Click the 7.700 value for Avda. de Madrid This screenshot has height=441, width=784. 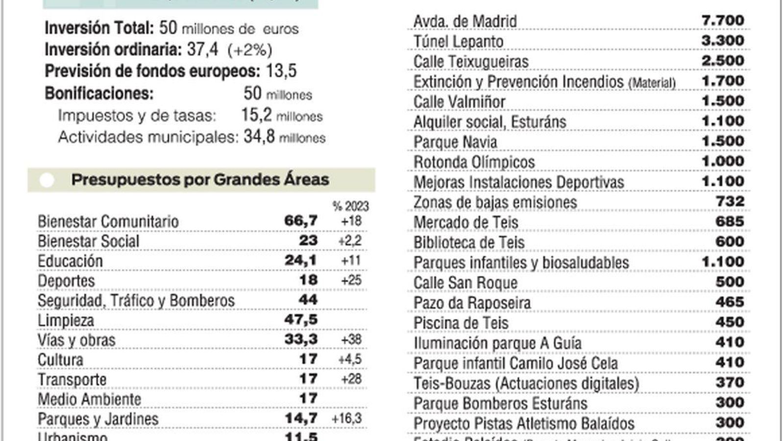click(722, 21)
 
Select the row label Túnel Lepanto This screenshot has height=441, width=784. click(458, 42)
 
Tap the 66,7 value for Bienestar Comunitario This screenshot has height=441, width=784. click(301, 221)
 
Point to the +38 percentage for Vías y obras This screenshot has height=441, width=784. click(351, 340)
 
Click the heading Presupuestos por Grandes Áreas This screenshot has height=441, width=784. click(200, 180)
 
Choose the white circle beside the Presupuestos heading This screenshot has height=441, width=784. click(47, 180)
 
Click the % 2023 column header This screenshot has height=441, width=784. click(350, 206)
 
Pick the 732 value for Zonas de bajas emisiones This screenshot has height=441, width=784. click(730, 201)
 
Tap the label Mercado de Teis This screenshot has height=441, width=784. click(465, 222)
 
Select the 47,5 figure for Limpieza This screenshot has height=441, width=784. click(301, 320)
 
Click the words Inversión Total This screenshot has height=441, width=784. click(99, 28)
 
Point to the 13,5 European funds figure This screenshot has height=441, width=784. click(281, 71)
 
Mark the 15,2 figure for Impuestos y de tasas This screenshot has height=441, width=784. click(256, 115)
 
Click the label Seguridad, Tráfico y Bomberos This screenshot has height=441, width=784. click(136, 300)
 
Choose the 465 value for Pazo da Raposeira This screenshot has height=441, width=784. click(730, 302)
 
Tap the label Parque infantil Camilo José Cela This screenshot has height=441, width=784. click(515, 364)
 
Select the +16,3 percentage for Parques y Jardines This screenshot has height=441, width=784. click(346, 418)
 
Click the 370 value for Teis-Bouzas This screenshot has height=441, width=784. click(730, 382)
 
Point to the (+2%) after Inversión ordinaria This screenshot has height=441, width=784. click(249, 50)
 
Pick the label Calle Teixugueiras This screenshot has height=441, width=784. click(471, 62)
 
